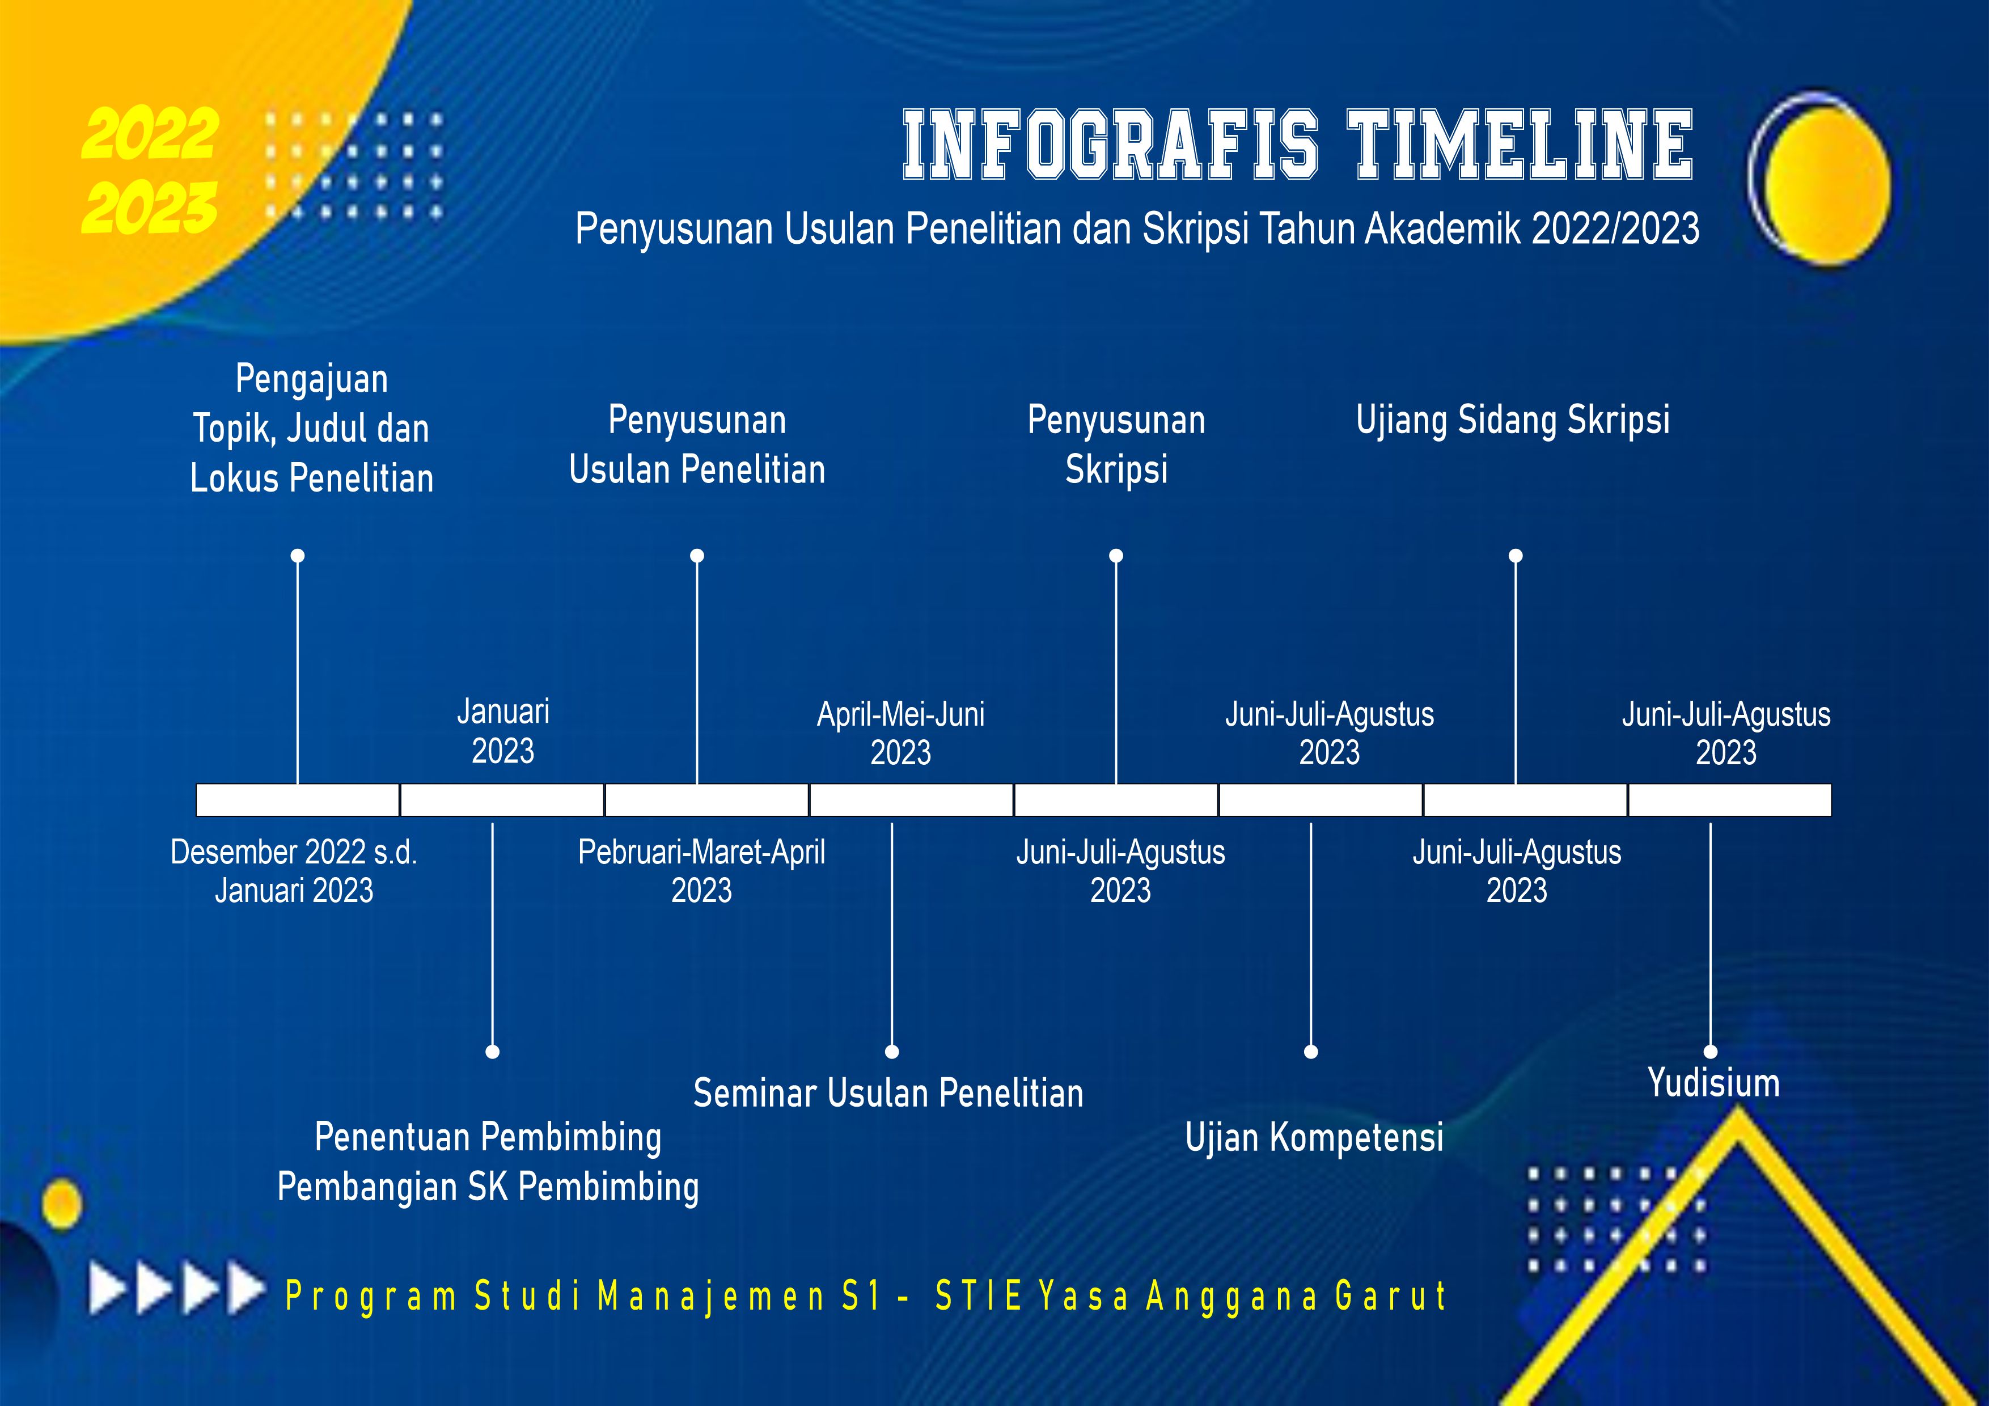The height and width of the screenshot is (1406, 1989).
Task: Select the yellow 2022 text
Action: (150, 134)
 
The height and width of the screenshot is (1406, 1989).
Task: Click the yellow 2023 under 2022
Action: (150, 208)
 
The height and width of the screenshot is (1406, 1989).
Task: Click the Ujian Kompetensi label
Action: (1314, 1137)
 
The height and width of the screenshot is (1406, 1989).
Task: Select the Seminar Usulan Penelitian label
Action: (888, 1093)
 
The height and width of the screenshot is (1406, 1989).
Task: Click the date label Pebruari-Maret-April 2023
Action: (702, 871)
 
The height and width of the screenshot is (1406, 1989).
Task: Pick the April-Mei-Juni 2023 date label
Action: (901, 734)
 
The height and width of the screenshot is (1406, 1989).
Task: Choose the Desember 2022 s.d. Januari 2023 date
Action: (294, 871)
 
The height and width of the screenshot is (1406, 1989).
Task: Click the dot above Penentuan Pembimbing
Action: (492, 1052)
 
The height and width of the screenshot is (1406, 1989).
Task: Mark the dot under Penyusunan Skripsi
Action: (1116, 555)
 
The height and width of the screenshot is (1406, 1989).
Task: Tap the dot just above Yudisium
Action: (1710, 1052)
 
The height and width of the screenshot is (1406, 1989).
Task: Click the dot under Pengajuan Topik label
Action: (297, 555)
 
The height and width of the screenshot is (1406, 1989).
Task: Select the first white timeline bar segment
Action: (297, 799)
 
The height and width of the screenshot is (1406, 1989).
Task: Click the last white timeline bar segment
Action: (1730, 799)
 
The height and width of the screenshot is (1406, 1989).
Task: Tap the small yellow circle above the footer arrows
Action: (61, 1204)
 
